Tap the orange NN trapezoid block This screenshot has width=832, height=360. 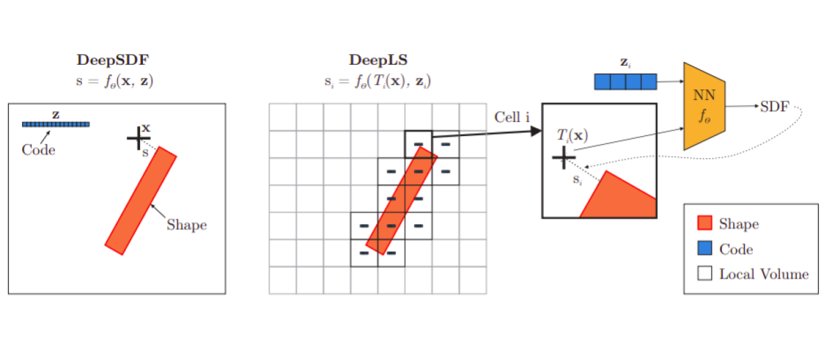click(x=704, y=106)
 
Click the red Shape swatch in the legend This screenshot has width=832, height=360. click(x=704, y=224)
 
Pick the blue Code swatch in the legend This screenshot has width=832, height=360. click(x=704, y=249)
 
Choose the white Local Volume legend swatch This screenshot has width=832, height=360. click(x=704, y=274)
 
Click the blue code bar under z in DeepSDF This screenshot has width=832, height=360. click(x=55, y=124)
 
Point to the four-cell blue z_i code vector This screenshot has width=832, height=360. click(x=625, y=81)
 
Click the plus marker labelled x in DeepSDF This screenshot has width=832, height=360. click(x=137, y=139)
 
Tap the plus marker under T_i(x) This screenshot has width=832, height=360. click(x=563, y=157)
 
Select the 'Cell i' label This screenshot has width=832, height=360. click(x=512, y=117)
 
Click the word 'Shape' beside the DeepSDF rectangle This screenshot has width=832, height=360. click(x=187, y=225)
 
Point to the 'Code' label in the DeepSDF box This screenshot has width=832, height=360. click(x=38, y=149)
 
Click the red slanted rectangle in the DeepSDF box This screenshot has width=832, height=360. click(x=141, y=200)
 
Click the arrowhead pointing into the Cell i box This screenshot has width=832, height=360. click(x=535, y=131)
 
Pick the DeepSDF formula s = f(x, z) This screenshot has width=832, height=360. click(x=116, y=81)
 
